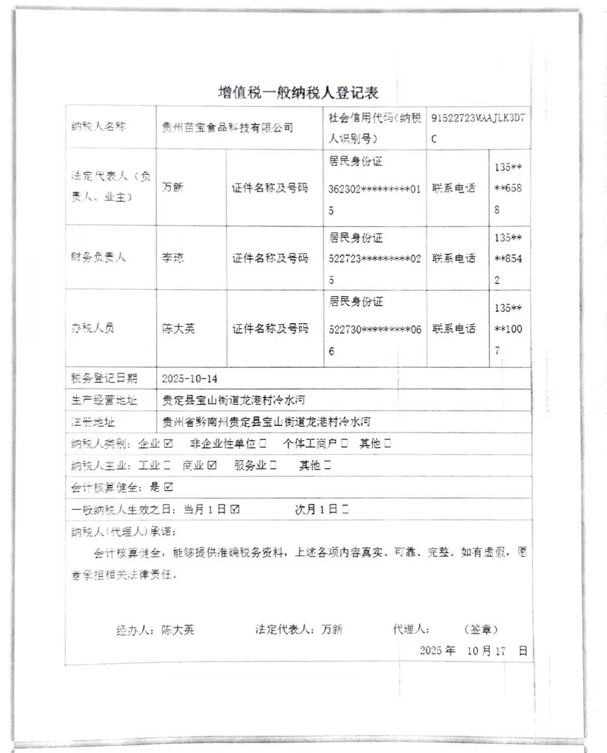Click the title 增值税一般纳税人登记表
(298, 93)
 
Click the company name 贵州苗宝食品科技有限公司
(228, 128)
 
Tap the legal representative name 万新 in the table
(173, 187)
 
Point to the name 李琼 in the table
(173, 257)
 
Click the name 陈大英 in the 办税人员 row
(178, 329)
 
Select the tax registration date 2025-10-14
(190, 379)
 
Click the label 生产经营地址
(104, 400)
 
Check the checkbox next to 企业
(168, 444)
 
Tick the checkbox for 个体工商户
(345, 444)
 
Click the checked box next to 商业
(212, 466)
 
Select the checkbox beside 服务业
(273, 466)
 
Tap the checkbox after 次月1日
(346, 510)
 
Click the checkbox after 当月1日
(235, 510)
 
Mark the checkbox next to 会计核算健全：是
(168, 487)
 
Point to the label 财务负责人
(99, 257)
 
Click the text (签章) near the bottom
(481, 630)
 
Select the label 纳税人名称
(99, 127)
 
